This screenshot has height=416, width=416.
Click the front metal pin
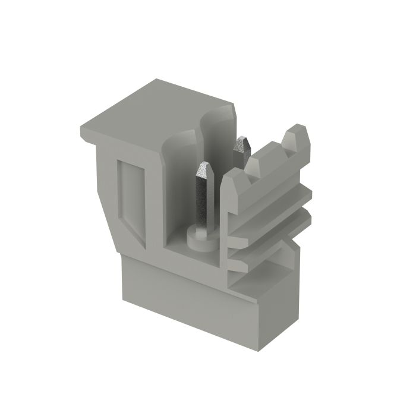tap(203, 196)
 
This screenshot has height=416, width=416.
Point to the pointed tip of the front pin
tap(205, 166)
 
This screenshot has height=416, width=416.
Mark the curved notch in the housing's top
tap(217, 116)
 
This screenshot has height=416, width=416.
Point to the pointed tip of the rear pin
tap(242, 140)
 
